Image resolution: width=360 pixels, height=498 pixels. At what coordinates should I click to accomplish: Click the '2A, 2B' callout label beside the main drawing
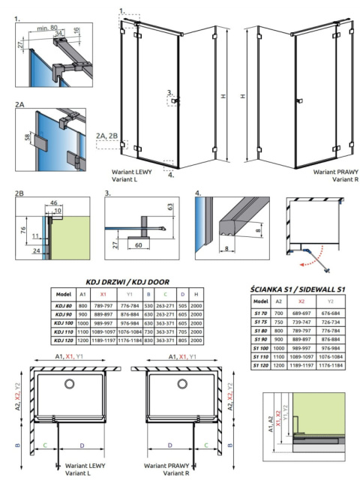click(x=106, y=135)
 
